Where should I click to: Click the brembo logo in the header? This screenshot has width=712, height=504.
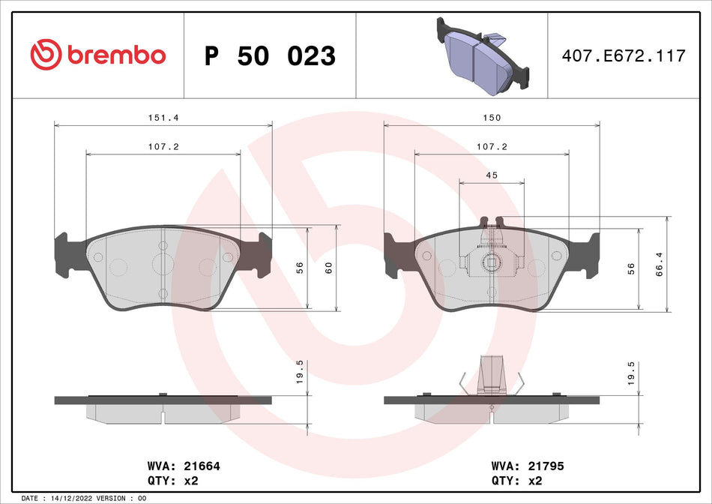tap(98, 55)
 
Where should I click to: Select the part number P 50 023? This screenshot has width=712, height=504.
tap(270, 55)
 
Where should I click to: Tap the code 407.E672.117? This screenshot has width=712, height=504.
tap(624, 55)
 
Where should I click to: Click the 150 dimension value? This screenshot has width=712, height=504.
tap(492, 118)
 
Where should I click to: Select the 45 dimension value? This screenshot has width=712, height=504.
tap(492, 175)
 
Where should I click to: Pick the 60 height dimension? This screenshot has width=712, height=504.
tap(328, 267)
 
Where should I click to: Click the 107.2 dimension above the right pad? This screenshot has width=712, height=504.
tap(492, 147)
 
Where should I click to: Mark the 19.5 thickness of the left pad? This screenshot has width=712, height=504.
tap(300, 371)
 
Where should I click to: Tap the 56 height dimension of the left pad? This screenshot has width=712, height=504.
tap(300, 267)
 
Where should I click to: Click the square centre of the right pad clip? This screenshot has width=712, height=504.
tap(491, 262)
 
